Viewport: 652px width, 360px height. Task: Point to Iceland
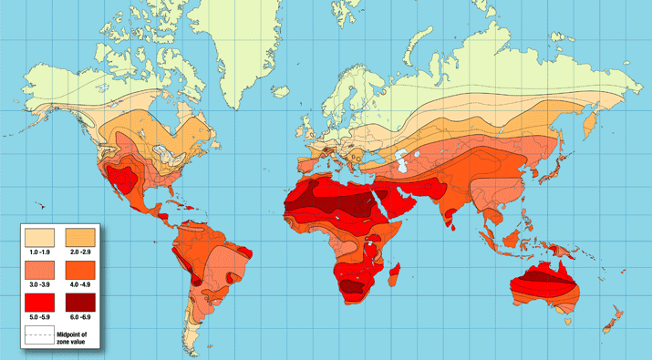click(279, 87)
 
